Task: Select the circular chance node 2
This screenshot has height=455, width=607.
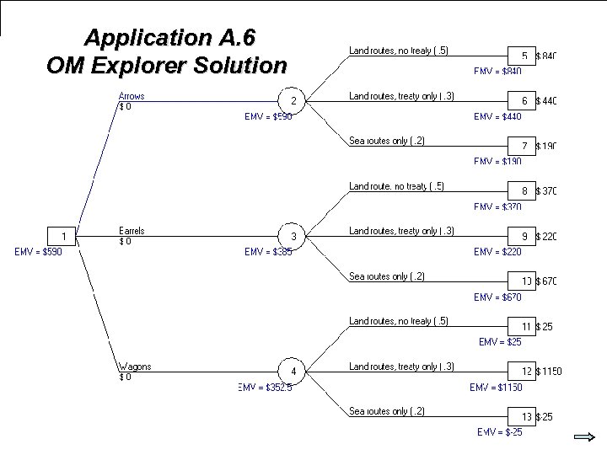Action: [293, 101]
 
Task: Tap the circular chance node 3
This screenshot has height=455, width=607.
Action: [293, 236]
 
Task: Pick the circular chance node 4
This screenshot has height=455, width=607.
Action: [293, 371]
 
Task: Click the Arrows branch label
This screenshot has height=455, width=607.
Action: [131, 96]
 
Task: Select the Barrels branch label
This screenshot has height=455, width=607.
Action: [132, 231]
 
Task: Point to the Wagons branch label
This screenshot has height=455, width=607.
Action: [134, 367]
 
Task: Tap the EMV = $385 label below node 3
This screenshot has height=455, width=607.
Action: [268, 251]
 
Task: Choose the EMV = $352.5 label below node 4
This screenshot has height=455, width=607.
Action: [265, 388]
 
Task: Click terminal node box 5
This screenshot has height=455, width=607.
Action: [524, 56]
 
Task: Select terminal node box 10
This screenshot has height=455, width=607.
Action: [524, 281]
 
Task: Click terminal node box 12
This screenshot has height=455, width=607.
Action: [524, 371]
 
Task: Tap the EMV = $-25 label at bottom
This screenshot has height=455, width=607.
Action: [499, 432]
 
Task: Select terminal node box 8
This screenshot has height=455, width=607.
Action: [524, 191]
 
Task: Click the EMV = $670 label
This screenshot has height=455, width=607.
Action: [497, 297]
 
